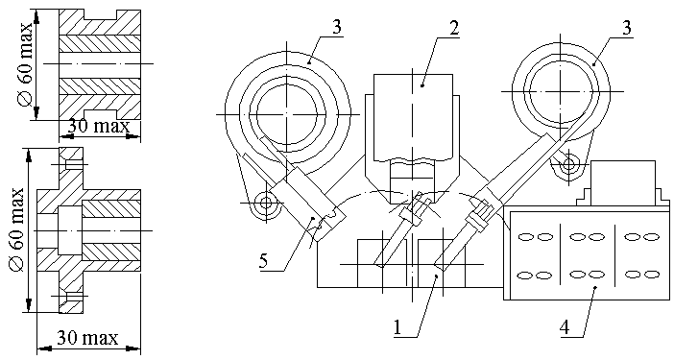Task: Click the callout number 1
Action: click(x=397, y=327)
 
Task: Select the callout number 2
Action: click(x=454, y=29)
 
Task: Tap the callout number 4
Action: click(x=565, y=327)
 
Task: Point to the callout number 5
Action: click(x=263, y=261)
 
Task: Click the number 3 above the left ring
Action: click(x=337, y=27)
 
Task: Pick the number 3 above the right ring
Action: click(x=627, y=28)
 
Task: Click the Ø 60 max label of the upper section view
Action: click(x=26, y=64)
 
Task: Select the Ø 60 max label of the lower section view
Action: click(x=17, y=229)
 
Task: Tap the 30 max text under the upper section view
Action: click(x=99, y=127)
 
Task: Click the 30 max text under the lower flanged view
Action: click(x=87, y=338)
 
